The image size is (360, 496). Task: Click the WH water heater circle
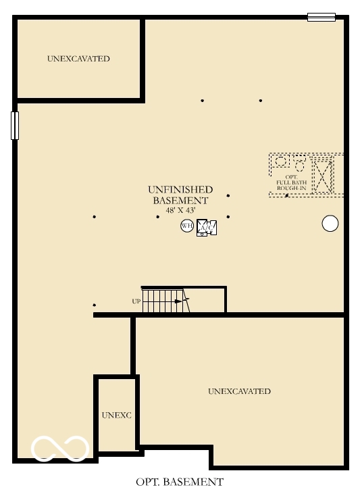pos(187,226)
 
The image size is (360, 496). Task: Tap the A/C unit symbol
pos(206,228)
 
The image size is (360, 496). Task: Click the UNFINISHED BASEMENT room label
pos(180,195)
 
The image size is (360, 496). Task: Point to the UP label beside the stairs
pos(136,301)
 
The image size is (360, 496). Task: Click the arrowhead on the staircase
pos(186,301)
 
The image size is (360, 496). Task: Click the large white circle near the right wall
pos(330,224)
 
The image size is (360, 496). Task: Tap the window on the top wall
pos(321,17)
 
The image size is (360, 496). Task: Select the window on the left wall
pos(15,126)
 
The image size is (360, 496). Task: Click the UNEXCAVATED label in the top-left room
pos(78,59)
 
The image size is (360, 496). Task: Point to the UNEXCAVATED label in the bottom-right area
pos(239,391)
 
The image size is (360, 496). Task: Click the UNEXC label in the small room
pos(116,415)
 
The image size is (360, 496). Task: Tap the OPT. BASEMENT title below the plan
pos(179,482)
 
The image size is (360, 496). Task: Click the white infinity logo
pos(60,448)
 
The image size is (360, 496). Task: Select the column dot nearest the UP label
pos(94,305)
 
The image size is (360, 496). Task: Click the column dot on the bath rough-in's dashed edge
pos(287,195)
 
